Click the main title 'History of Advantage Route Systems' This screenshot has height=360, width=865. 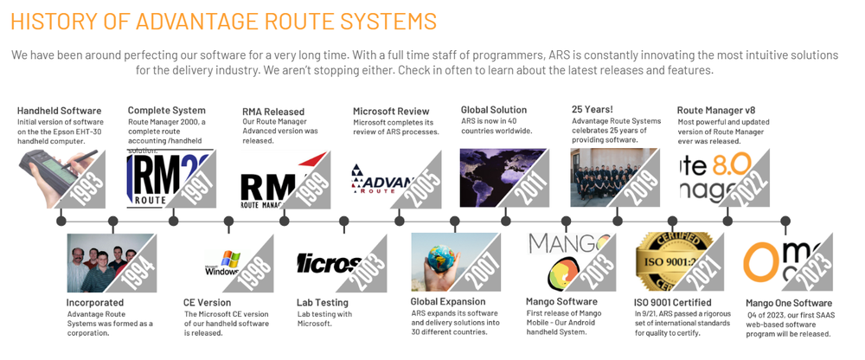pos(223,21)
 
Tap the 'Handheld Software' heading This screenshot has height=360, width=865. pos(59,111)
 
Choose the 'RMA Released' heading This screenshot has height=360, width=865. pos(273,112)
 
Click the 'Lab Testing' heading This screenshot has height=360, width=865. pos(323,303)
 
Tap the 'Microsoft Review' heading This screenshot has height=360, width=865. pos(391,112)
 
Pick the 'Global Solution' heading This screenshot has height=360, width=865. pos(494,110)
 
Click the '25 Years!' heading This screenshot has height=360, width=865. pos(593,110)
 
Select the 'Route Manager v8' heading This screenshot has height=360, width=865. pos(715,110)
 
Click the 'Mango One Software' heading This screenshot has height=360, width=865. pos(789,304)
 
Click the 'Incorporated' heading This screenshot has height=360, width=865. pos(95,303)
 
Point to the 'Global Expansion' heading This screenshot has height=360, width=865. pos(448,301)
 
